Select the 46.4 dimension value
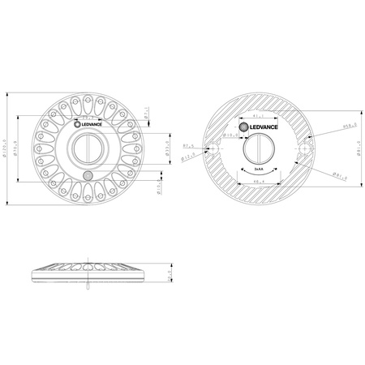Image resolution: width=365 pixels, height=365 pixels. pyautogui.click(x=260, y=182)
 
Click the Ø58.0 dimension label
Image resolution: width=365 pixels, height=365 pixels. pyautogui.click(x=328, y=126)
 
